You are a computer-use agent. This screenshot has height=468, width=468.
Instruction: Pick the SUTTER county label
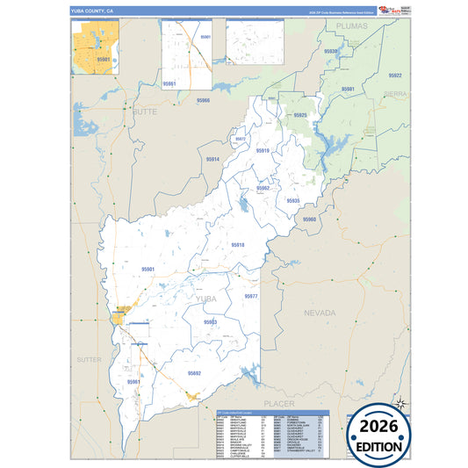[89, 360]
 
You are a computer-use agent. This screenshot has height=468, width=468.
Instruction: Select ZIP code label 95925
[300, 115]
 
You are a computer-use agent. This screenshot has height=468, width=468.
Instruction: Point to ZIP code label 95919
[263, 151]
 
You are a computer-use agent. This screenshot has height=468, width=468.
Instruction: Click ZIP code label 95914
[212, 160]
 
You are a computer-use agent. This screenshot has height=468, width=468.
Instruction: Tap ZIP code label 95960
[309, 220]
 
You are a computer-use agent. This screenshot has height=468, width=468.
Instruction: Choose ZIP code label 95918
[237, 244]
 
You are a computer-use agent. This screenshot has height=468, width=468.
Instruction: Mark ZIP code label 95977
[251, 297]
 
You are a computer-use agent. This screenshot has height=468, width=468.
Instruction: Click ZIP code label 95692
[193, 373]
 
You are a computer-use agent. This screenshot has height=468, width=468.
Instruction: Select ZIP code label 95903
[210, 322]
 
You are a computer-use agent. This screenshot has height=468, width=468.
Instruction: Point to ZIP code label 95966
[203, 100]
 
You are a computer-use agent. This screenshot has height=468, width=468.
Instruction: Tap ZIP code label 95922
[394, 76]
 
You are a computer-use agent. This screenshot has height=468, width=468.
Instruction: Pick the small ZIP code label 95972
[240, 139]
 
